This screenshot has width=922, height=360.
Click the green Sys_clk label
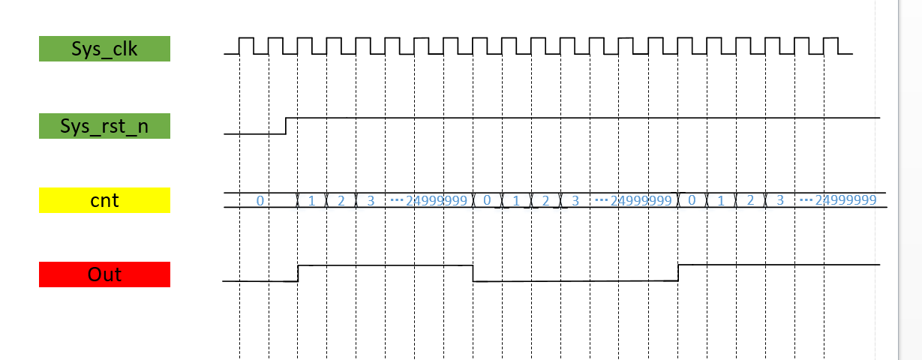tap(104, 49)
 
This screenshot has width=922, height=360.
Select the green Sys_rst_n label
tap(104, 126)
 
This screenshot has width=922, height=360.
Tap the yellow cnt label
tap(104, 200)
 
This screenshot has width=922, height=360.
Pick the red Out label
tap(104, 274)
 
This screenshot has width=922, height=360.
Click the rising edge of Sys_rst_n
tap(287, 125)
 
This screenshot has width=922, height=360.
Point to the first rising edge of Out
tap(299, 273)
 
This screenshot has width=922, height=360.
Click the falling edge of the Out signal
tap(473, 273)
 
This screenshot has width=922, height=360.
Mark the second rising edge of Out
tap(678, 272)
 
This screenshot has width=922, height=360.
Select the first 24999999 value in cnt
tap(436, 201)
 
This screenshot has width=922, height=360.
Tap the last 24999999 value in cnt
tap(846, 200)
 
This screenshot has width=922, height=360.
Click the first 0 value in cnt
tap(260, 201)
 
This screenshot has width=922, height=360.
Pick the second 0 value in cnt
tap(488, 201)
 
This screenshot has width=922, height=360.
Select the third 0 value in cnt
tap(692, 200)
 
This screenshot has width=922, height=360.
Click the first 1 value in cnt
tap(311, 201)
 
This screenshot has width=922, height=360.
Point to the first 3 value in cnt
tap(371, 201)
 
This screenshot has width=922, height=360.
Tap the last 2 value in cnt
tap(750, 200)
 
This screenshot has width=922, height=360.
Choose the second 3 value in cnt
tap(575, 201)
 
